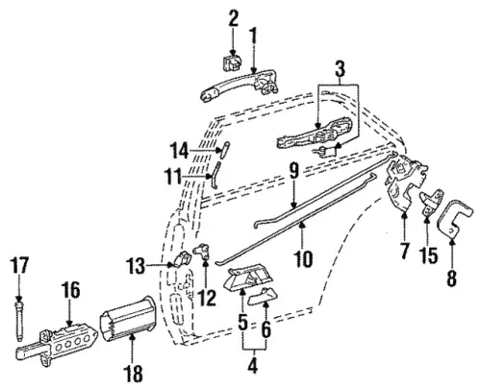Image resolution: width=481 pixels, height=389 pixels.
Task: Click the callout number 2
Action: pyautogui.click(x=233, y=19)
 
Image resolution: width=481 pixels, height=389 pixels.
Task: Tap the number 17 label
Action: pyautogui.click(x=19, y=265)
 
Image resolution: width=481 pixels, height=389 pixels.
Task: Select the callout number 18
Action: pyautogui.click(x=134, y=373)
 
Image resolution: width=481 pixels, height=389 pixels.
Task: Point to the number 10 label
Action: pyautogui.click(x=303, y=258)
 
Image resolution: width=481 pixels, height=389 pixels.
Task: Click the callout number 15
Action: pyautogui.click(x=428, y=255)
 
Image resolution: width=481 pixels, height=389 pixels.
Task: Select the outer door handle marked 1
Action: pyautogui.click(x=239, y=84)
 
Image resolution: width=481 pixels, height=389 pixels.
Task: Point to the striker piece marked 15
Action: pyautogui.click(x=431, y=203)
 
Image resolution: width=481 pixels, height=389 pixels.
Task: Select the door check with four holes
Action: pyautogui.click(x=55, y=344)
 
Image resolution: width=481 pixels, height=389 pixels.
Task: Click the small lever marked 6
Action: pyautogui.click(x=263, y=297)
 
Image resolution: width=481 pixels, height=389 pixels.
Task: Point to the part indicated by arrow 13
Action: pyautogui.click(x=182, y=258)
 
